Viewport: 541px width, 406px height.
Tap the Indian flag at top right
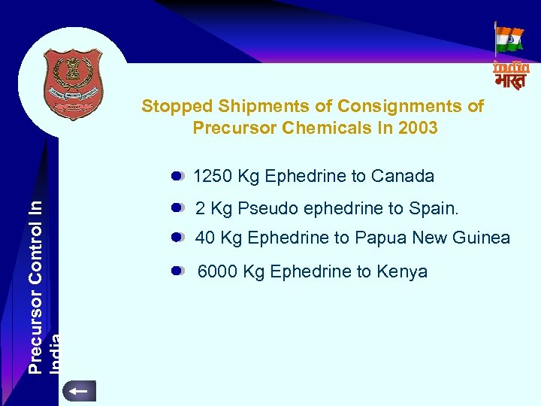point(510,39)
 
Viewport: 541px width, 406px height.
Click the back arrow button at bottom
point(78,391)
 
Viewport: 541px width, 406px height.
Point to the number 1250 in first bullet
point(213,177)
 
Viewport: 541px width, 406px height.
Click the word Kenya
point(402,271)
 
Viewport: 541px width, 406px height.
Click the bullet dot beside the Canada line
point(177,177)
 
